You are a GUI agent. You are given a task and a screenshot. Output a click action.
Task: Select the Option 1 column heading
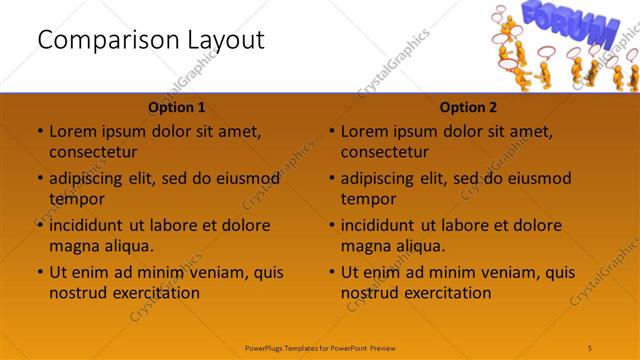(177, 107)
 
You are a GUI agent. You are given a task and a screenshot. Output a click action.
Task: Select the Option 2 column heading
(469, 107)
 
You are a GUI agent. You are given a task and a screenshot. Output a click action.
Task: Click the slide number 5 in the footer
(591, 347)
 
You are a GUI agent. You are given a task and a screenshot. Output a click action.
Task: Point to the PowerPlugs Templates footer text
(320, 347)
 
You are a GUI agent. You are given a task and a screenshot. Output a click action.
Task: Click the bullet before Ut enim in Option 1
(39, 272)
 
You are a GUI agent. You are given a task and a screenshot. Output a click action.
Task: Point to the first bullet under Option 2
(331, 131)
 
